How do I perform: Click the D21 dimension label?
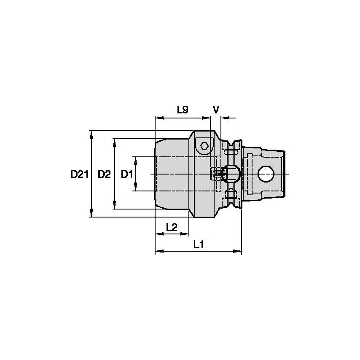79,174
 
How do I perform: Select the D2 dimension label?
104,174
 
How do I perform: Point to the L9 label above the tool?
182,110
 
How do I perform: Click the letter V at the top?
216,110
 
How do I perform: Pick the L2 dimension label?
172,227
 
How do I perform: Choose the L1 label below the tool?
199,244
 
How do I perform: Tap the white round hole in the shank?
266,173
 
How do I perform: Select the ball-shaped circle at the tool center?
231,173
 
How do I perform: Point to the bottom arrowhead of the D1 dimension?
136,188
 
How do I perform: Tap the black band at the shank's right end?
285,173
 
